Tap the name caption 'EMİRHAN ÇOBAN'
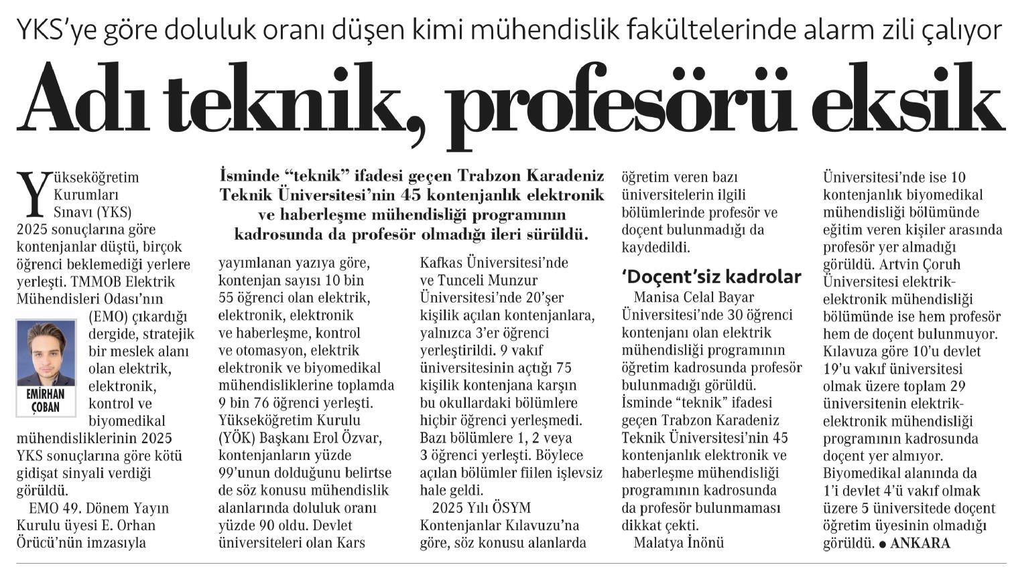(46, 401)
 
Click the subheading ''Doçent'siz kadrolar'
(711, 276)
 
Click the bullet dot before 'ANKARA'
(883, 544)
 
